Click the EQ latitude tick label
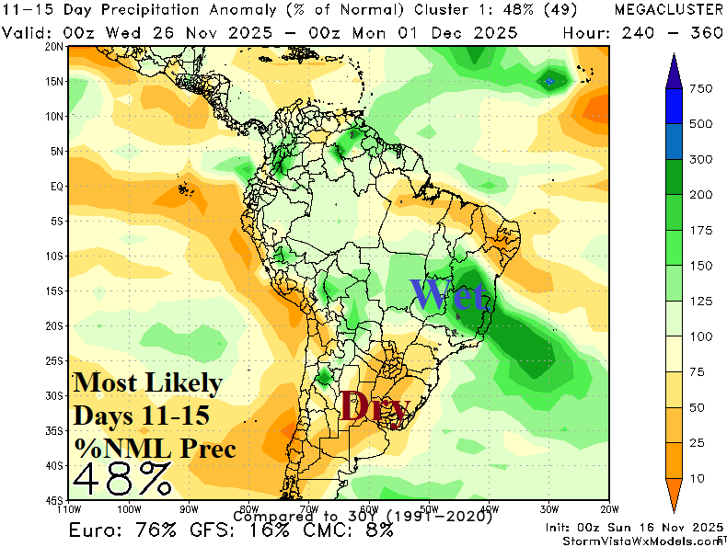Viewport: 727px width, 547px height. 56,187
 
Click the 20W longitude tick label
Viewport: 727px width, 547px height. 607,507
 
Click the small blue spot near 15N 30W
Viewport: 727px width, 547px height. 550,81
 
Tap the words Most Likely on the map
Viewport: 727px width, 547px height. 147,382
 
